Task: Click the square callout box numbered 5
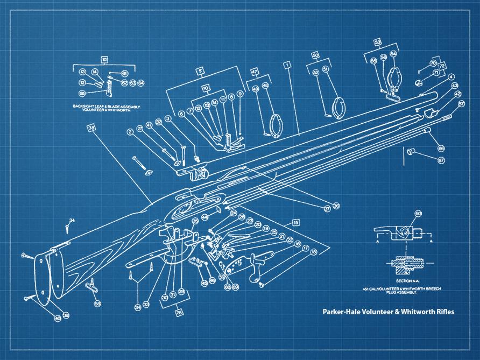pos(200,70)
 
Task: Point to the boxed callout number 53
pos(377,41)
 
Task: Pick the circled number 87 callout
pos(441,160)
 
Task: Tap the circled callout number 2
pos(130,132)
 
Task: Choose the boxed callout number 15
pos(295,222)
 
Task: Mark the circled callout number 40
pos(58,319)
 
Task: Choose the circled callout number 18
pos(314,251)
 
